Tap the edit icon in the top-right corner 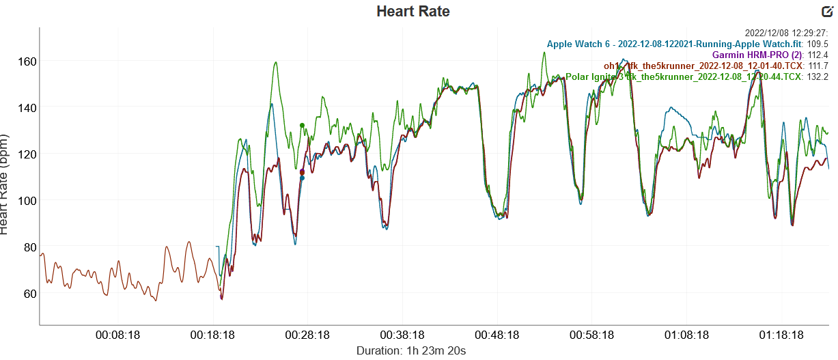coord(826,11)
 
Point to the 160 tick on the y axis coord(27,61)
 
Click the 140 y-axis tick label coord(27,107)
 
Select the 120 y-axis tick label coord(27,154)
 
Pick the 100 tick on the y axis coord(27,200)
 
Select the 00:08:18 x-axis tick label coord(118,335)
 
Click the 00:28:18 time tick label coord(308,335)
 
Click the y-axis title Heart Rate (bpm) coord(6,184)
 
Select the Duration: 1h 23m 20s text coord(411,350)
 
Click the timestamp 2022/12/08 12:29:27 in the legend coord(785,33)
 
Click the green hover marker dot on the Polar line coord(302,126)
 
